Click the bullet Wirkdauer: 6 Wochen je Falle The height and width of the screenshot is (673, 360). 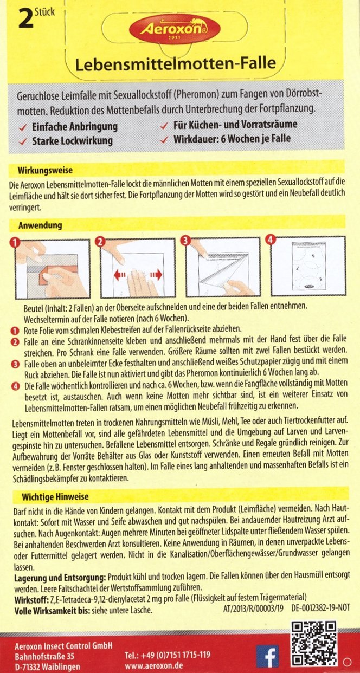pos(232,138)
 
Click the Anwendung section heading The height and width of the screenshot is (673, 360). pos(40,224)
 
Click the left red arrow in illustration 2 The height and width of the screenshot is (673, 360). pos(120,275)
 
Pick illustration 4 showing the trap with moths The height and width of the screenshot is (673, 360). pos(307,267)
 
